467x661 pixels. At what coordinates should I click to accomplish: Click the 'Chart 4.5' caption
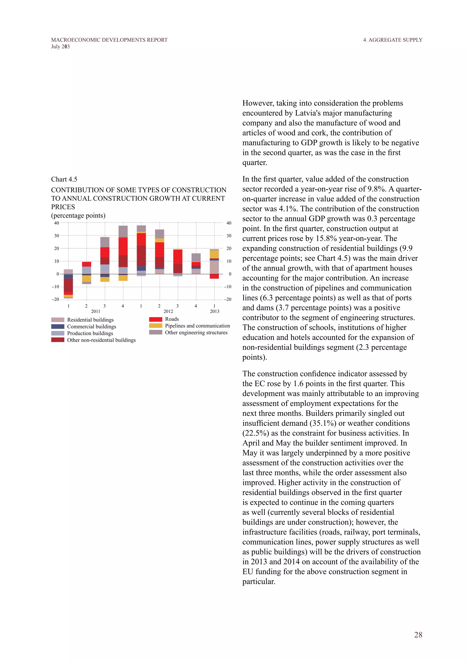coord(64,179)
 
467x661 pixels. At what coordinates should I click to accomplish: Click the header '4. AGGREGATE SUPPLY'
coord(392,40)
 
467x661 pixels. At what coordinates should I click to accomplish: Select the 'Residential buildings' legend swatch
coord(57,320)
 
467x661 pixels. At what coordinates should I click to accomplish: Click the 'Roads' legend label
coord(172,319)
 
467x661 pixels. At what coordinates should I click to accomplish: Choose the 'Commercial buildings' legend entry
coord(91,326)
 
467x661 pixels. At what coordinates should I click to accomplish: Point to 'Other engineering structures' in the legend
coord(196,333)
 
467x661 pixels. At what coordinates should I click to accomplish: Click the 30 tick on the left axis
coord(57,236)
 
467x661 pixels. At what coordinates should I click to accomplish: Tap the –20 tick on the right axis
coord(228,299)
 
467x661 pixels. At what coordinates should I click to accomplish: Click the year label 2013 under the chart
coord(215,311)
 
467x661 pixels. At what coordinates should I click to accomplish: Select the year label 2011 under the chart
coord(96,311)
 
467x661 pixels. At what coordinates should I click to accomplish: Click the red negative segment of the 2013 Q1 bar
coord(214,276)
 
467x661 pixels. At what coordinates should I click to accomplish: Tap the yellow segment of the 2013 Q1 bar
coord(214,254)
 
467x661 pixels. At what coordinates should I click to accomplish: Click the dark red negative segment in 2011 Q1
coord(68,285)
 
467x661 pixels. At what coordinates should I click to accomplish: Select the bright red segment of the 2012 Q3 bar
coord(178,257)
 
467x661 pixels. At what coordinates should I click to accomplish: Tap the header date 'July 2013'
coord(60,47)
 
